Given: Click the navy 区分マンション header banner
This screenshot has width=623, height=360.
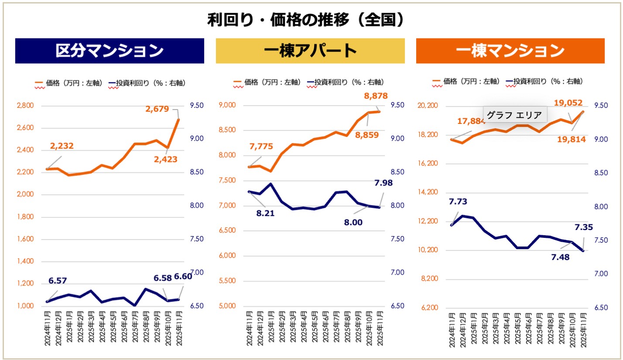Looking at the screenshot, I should click(110, 51).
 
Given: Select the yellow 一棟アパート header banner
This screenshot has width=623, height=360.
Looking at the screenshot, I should click(310, 51).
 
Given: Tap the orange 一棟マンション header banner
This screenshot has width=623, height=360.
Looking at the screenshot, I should click(510, 51).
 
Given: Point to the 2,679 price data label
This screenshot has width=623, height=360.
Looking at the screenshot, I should click(157, 109).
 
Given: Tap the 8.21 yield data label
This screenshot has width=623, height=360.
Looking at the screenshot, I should click(265, 214).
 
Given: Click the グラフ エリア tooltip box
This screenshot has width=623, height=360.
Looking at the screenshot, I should click(514, 116).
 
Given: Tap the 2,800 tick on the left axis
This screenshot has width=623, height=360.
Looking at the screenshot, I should click(24, 106).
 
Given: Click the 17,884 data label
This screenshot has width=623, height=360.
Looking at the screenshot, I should click(471, 121).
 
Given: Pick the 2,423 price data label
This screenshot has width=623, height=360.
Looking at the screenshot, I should click(166, 159).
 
